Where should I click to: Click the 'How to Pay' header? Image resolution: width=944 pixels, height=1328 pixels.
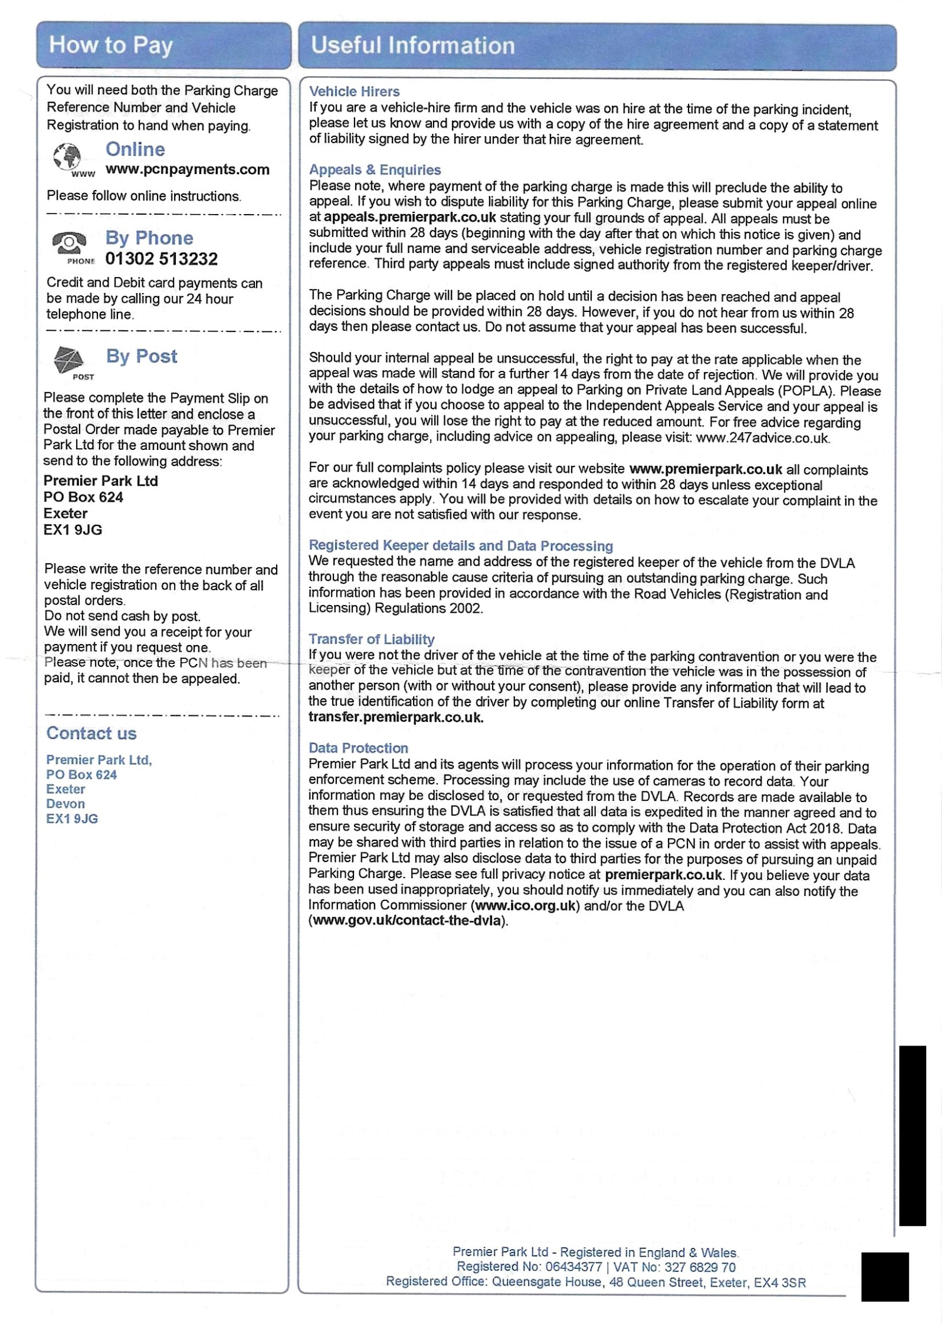point(111,45)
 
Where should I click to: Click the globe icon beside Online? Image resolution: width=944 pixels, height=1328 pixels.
point(68,157)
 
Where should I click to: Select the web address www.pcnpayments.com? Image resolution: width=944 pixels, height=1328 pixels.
point(188,170)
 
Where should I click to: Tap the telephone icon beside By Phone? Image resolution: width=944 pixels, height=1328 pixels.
point(69,242)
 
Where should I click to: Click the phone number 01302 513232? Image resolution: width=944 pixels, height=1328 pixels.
point(162,259)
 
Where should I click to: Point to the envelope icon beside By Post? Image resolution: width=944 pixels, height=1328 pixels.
point(68,359)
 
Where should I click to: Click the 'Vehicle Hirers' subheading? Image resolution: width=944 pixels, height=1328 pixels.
point(354,91)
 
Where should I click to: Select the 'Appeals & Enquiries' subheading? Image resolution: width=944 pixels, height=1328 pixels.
point(375,170)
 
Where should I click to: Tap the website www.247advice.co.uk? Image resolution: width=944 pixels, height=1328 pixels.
point(762,438)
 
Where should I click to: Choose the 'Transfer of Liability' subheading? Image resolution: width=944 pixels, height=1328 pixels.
point(371,639)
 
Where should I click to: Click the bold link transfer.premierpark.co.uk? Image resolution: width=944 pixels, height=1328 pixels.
point(396,718)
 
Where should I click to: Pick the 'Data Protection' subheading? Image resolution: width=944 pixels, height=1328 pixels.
point(358,748)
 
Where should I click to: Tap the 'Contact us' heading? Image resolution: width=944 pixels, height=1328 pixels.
point(91,734)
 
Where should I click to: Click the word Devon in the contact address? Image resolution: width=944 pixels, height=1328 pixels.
point(65,804)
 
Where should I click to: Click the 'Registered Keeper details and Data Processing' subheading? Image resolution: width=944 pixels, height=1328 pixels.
point(461,546)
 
